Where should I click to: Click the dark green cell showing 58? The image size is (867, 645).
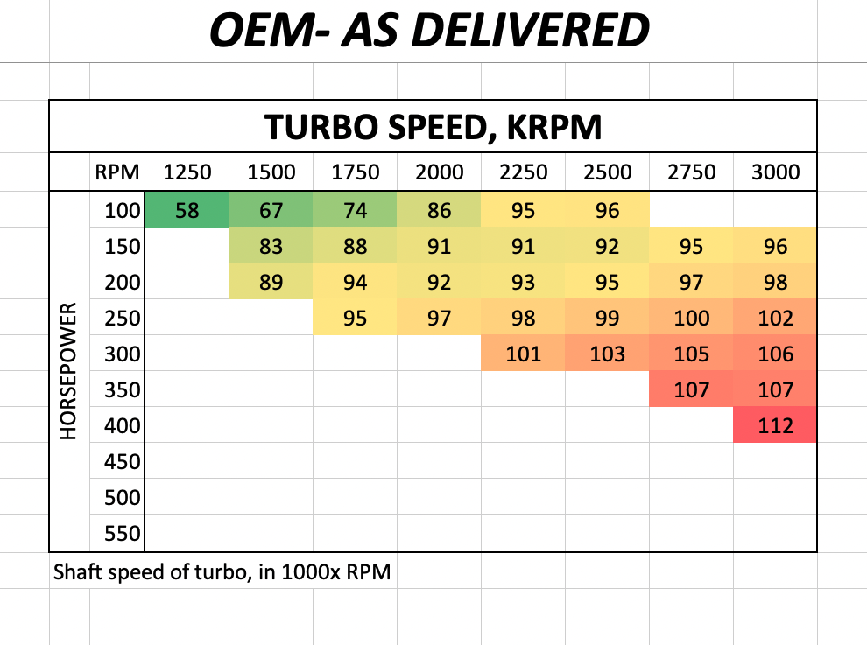point(187,211)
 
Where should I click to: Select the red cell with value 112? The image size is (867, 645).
point(775,426)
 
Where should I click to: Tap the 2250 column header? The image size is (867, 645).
point(523,172)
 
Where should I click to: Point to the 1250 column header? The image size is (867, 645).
point(187,172)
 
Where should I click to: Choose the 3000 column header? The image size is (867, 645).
point(775,172)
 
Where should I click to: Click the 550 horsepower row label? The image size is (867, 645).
point(123,534)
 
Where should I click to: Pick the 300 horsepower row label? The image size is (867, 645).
point(123,354)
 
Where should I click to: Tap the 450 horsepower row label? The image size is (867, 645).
point(123,462)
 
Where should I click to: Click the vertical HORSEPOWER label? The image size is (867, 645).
point(70,372)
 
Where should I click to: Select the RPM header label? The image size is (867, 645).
point(117,172)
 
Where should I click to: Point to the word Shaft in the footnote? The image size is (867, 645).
point(76,574)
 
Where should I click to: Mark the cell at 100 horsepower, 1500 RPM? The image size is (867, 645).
point(271,211)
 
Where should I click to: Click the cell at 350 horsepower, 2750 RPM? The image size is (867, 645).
point(691,390)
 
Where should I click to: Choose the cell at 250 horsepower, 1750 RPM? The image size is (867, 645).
point(355,319)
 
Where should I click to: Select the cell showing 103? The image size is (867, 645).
point(607,354)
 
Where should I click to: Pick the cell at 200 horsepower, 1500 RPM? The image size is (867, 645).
point(271,283)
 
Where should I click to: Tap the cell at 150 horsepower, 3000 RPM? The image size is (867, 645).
point(775,247)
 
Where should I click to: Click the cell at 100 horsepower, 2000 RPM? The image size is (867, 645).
point(439,211)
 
